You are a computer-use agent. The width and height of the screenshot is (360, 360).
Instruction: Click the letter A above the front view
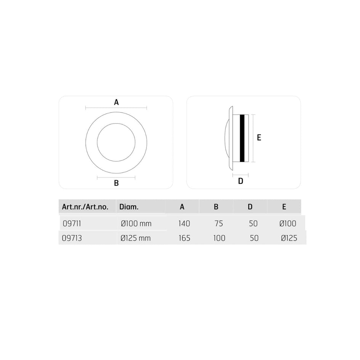tap(116, 102)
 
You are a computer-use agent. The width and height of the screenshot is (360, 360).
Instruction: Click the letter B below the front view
tap(116, 183)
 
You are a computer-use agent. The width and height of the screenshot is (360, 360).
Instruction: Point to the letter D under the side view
tap(241, 181)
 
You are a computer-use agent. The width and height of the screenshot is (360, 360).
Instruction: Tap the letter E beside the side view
tap(259, 138)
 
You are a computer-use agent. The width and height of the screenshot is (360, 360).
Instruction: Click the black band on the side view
tap(242, 138)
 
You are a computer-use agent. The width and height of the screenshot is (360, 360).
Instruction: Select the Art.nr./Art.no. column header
tap(85, 207)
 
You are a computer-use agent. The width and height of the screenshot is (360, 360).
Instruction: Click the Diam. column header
tap(129, 207)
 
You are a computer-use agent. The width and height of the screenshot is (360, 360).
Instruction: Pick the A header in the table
tap(182, 207)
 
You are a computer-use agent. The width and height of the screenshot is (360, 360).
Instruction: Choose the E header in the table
tap(284, 207)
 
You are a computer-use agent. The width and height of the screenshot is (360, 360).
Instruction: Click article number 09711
tap(72, 223)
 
